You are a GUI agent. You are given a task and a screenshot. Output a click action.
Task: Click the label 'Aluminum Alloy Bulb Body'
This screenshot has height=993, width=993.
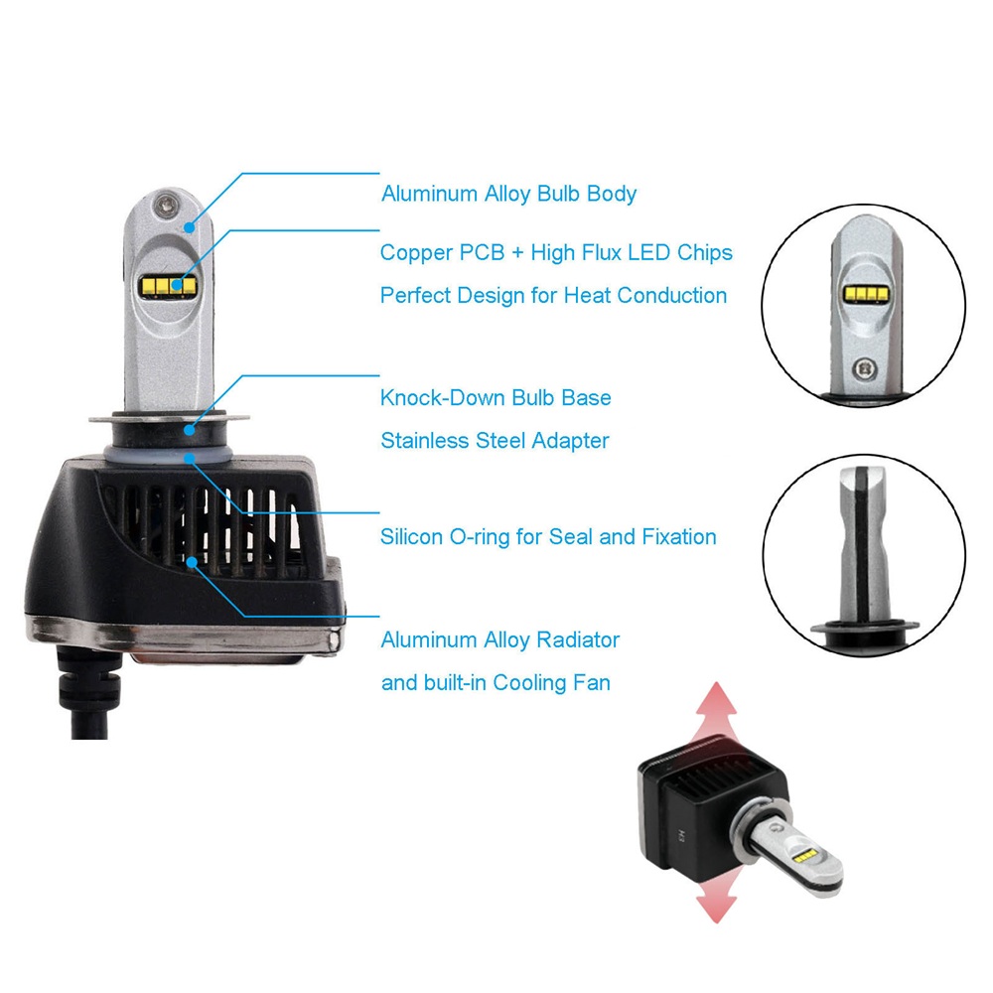(508, 194)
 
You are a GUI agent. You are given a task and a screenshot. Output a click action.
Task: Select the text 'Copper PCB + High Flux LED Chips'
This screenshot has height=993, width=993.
(556, 252)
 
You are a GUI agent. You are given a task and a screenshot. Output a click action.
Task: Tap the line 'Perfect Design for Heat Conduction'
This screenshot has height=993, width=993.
(553, 296)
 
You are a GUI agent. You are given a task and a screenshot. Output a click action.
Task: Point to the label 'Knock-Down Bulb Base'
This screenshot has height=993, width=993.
(496, 398)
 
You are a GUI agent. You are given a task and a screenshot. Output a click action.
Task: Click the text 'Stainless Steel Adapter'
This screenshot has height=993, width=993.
(495, 441)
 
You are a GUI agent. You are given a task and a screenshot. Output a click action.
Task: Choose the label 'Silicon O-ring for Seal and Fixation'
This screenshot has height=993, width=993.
(548, 537)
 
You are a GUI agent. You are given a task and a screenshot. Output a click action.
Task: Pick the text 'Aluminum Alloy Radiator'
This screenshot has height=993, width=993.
(500, 639)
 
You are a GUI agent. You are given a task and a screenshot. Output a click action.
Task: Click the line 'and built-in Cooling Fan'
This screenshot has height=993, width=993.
(496, 683)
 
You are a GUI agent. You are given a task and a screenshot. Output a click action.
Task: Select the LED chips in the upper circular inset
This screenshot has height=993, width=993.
(865, 293)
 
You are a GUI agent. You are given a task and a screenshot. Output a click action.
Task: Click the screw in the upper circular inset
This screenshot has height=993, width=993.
(864, 368)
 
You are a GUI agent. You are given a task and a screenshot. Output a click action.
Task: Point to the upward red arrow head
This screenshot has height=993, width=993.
(716, 700)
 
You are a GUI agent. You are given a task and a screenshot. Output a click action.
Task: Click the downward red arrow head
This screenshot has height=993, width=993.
(716, 905)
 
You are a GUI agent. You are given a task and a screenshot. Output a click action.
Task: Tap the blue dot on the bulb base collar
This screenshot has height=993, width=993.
(190, 430)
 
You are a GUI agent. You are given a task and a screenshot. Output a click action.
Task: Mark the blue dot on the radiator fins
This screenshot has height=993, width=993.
(192, 561)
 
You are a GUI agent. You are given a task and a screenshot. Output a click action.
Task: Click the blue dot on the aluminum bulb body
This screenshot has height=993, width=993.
(190, 227)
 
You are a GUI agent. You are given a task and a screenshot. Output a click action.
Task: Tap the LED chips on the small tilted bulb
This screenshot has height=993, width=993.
(804, 856)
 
